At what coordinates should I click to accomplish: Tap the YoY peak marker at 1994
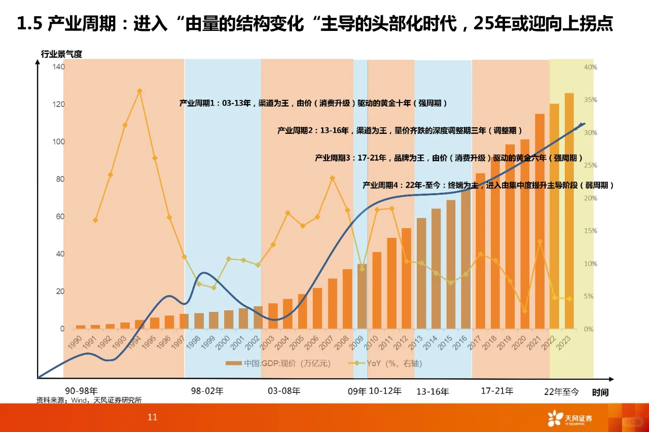pyautogui.click(x=139, y=91)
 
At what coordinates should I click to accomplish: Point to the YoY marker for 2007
pyautogui.click(x=332, y=178)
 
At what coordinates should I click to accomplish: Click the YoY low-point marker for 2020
pyautogui.click(x=525, y=310)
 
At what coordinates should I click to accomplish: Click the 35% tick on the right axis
pyautogui.click(x=590, y=100)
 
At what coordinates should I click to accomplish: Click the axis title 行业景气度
pyautogui.click(x=61, y=54)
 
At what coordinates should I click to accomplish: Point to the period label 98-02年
pyautogui.click(x=207, y=391)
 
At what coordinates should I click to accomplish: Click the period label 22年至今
pyautogui.click(x=561, y=391)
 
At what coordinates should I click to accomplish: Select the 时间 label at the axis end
pyautogui.click(x=600, y=392)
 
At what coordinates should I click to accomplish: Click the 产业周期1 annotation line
pyautogui.click(x=313, y=103)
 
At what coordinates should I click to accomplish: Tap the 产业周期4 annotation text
pyautogui.click(x=488, y=186)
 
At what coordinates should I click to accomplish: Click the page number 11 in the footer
pyautogui.click(x=153, y=417)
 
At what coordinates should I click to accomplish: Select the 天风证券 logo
pyautogui.click(x=569, y=419)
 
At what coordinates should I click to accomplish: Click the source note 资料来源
pyautogui.click(x=89, y=400)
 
